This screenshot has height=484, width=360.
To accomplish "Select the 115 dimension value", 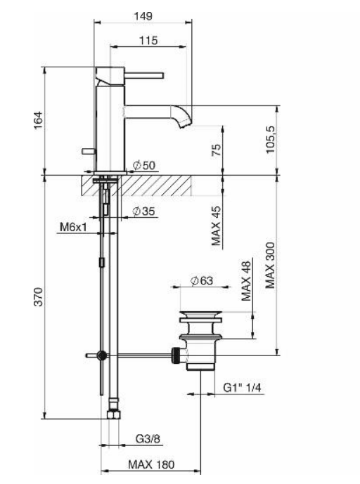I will (x=148, y=41).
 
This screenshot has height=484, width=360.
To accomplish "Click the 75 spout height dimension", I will (x=217, y=150).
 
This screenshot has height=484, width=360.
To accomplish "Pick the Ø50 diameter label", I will (x=144, y=166).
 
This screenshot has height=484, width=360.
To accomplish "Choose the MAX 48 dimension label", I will (x=246, y=282).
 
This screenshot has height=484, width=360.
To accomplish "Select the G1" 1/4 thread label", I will (x=240, y=388).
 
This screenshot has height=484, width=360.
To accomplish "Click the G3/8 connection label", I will (x=146, y=440).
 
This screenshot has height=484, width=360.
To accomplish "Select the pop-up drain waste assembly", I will (x=200, y=340).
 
